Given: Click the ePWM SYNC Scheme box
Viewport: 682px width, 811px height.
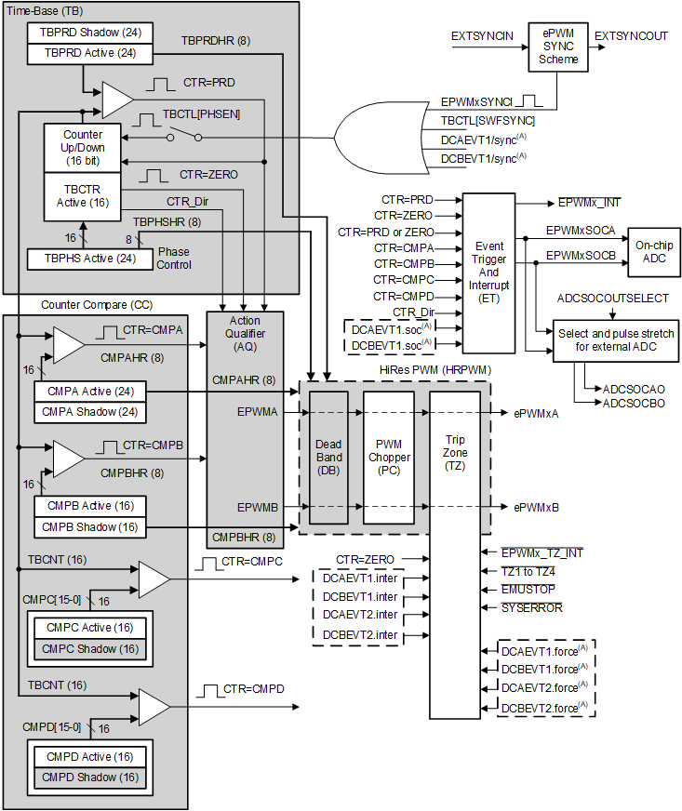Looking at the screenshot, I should pos(557,47).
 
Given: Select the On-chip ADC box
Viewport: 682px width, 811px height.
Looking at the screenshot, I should pos(653,249).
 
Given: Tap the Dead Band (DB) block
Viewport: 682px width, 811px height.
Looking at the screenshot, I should pos(329,458).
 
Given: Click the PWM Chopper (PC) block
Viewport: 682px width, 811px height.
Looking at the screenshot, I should pos(388,458).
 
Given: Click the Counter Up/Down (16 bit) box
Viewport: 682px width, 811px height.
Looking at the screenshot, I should pos(83,148).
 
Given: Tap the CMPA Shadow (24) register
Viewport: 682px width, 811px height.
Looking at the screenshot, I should pos(89,411).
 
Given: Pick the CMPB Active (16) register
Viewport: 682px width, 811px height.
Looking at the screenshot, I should pos(89,506).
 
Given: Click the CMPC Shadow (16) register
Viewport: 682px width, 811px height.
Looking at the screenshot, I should pos(89,648).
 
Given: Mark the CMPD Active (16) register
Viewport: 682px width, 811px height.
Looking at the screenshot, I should pos(89,756).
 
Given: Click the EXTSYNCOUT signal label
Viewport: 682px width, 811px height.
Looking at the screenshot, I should pos(631,36).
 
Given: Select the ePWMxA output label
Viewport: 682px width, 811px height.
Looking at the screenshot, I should pos(536,413).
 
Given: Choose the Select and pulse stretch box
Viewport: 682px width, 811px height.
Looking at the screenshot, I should pos(615,339).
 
